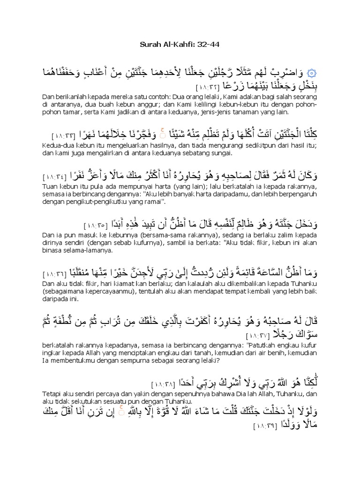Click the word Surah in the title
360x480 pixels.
[x=150, y=45]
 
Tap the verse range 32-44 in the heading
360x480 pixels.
[x=210, y=45]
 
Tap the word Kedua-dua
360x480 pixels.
[x=54, y=143]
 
